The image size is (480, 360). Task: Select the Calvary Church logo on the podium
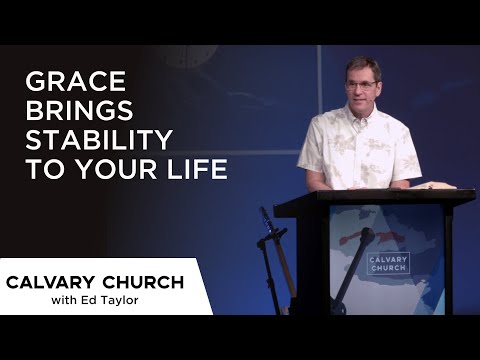[387, 263]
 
